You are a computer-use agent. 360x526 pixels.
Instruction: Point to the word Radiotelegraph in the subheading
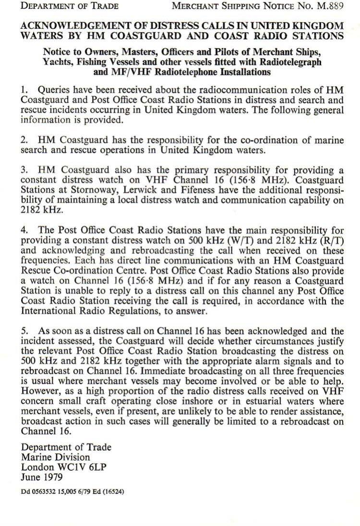290,62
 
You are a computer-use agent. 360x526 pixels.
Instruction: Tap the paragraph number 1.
24,90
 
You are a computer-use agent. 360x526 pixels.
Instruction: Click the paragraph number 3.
24,170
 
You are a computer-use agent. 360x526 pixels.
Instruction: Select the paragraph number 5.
24,331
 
